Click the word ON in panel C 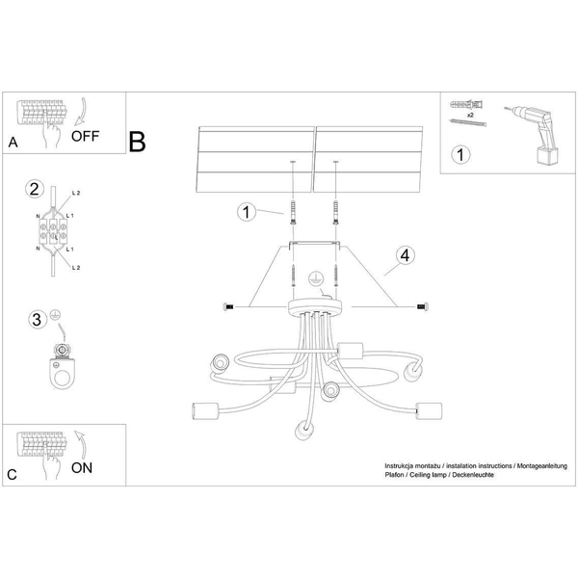84,468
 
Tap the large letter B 138,142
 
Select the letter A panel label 13,143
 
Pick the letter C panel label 13,474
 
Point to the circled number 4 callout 406,256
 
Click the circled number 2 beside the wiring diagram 35,189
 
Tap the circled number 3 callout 36,319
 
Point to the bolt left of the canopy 228,306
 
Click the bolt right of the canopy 422,306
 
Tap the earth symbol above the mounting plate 313,279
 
